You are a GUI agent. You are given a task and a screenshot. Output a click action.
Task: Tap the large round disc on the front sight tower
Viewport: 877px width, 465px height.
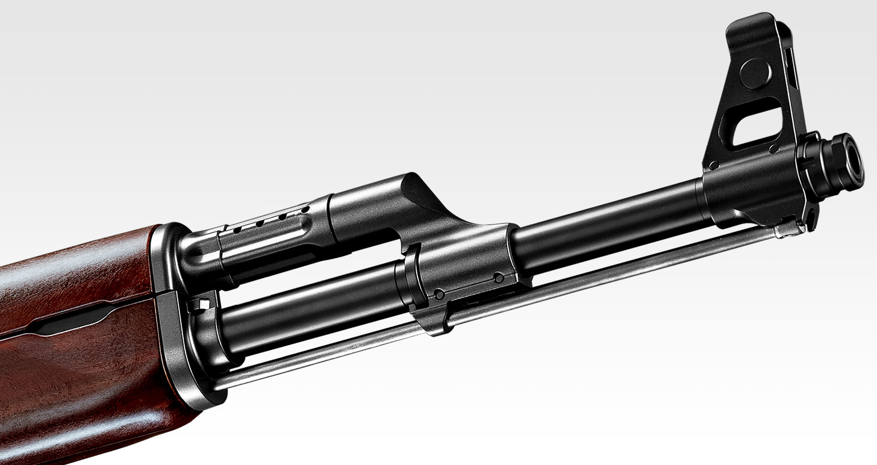pyautogui.click(x=755, y=74)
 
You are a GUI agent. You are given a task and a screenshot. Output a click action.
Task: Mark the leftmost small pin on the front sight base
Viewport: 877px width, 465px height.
pyautogui.click(x=713, y=165)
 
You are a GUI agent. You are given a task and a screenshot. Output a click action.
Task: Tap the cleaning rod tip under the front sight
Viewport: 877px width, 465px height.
pyautogui.click(x=787, y=229)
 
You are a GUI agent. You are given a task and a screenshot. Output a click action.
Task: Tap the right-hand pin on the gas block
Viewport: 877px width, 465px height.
pyautogui.click(x=498, y=278)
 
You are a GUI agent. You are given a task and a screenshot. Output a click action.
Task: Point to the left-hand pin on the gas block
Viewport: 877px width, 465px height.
pyautogui.click(x=439, y=295)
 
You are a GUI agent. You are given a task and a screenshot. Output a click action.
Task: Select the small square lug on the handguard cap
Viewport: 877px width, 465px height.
pyautogui.click(x=201, y=304)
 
